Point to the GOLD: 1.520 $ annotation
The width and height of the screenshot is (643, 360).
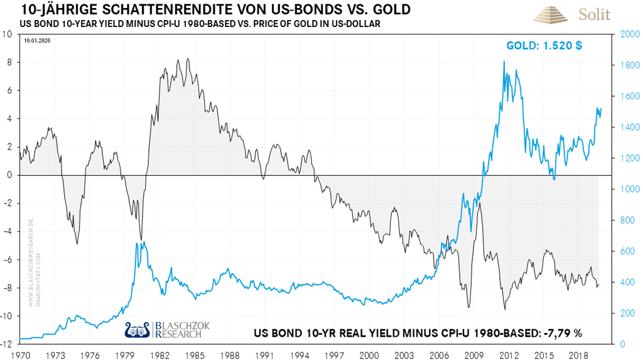544,46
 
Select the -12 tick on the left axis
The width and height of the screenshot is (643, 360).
8,344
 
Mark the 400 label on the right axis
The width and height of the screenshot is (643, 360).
627,282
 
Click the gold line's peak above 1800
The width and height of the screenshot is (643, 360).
504,61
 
